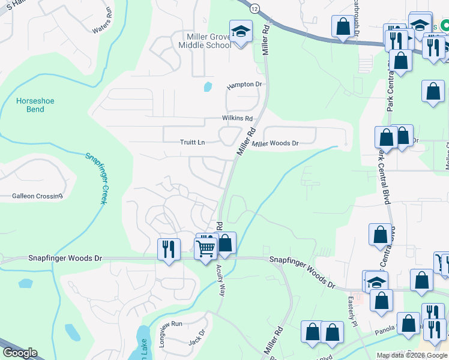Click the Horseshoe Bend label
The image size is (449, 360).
point(35,105)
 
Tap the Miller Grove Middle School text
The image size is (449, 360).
point(208,41)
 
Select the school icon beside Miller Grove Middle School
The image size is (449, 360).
point(241,32)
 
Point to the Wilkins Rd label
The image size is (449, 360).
point(237,118)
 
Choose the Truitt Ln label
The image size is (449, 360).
point(193,142)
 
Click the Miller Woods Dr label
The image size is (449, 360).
point(276,143)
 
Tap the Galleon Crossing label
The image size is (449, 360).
point(37,196)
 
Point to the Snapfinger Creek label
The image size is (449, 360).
point(96,178)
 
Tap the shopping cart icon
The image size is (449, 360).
point(206,247)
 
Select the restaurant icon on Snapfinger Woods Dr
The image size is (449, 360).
point(169,248)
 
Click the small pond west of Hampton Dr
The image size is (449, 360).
point(208,86)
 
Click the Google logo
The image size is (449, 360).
point(19,353)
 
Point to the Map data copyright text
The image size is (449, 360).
point(411,355)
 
